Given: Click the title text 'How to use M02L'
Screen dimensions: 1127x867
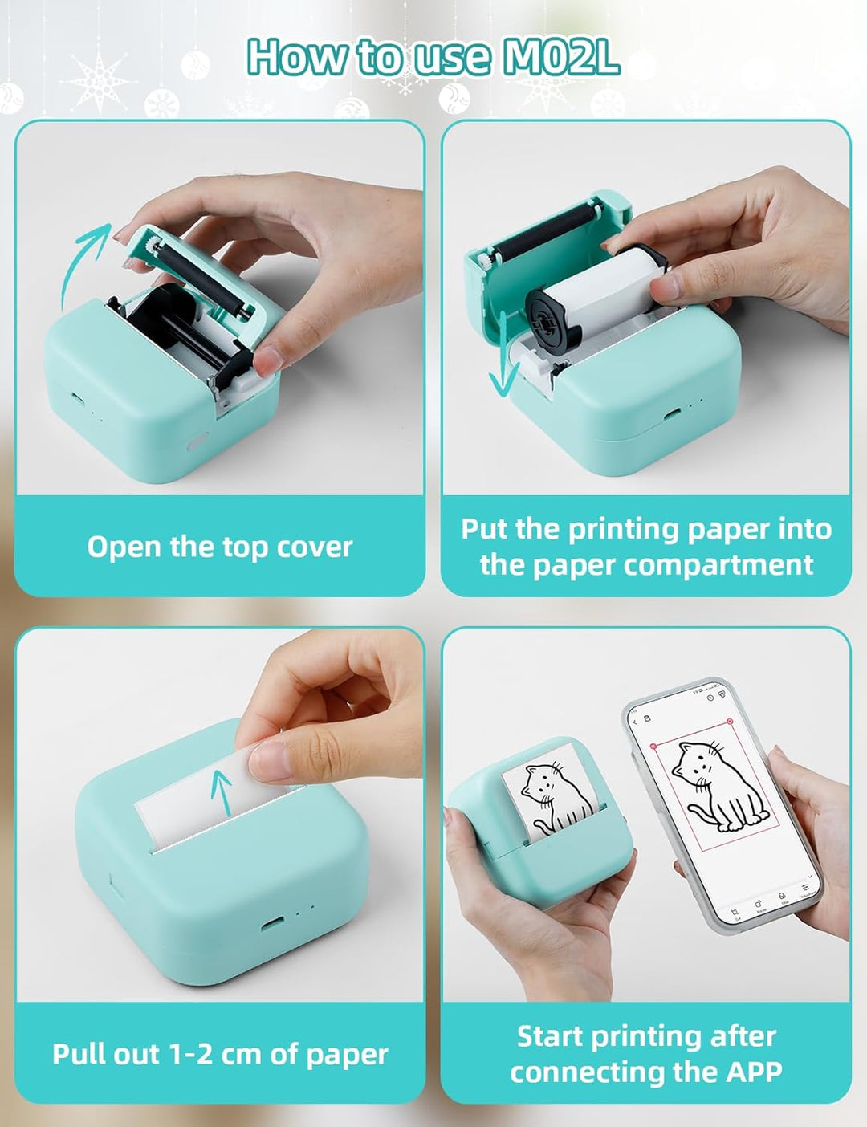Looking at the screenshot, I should coord(433,56).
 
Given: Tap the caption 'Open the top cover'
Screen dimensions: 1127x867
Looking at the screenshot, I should coord(219,547).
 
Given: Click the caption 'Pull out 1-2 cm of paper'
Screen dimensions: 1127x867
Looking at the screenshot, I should coord(219,1054).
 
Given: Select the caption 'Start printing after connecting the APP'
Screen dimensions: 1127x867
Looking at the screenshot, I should coord(645,1054).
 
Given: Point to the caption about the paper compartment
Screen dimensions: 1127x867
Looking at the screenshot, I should coord(645,547).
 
